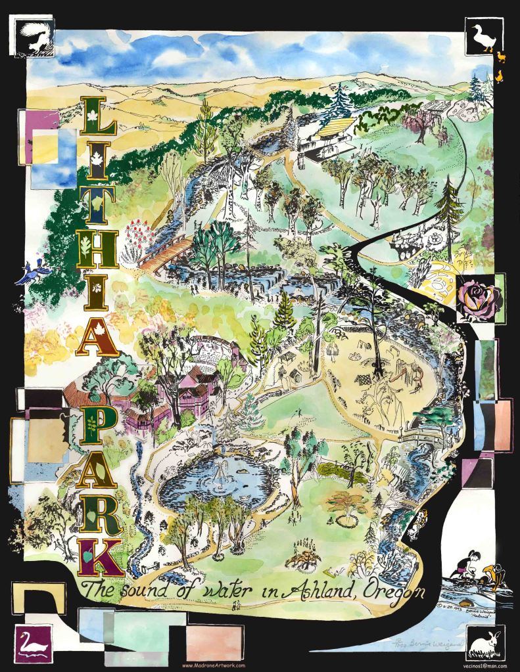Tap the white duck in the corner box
[x=483, y=38]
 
